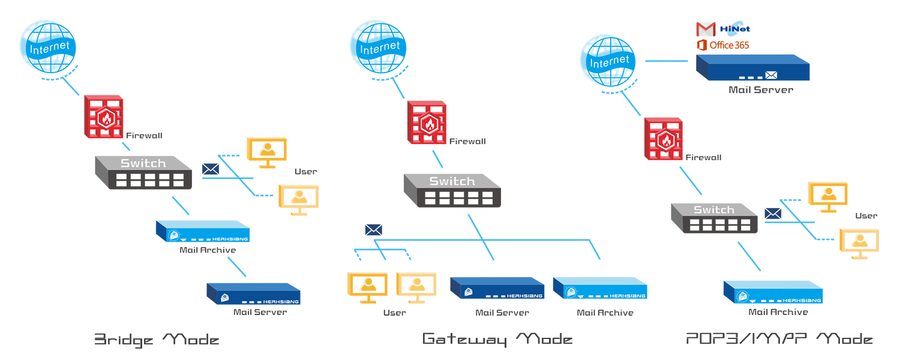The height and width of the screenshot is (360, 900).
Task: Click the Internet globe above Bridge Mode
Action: click(47, 47)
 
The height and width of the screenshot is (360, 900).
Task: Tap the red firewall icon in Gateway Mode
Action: click(427, 122)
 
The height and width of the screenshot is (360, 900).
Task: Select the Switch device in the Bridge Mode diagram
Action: click(143, 172)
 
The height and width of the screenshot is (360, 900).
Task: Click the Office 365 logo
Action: click(723, 45)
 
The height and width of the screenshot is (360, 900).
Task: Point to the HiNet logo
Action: click(736, 28)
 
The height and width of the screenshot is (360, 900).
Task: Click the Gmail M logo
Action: click(706, 29)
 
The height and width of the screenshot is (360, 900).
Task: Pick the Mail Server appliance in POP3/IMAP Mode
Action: click(752, 67)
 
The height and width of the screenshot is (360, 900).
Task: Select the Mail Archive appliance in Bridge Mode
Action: click(203, 232)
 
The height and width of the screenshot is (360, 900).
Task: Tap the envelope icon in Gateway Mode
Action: click(373, 229)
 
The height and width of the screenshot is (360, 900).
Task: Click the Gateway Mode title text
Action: click(497, 339)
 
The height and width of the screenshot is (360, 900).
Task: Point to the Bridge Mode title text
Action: click(157, 340)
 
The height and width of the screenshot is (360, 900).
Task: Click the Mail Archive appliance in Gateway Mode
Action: click(600, 288)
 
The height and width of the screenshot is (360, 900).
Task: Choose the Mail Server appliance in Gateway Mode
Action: click(497, 288)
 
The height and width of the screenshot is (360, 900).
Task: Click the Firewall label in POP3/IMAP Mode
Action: click(703, 158)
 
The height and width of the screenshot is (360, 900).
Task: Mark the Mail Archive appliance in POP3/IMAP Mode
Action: click(773, 292)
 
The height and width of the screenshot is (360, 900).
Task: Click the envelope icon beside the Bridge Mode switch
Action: click(211, 169)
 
